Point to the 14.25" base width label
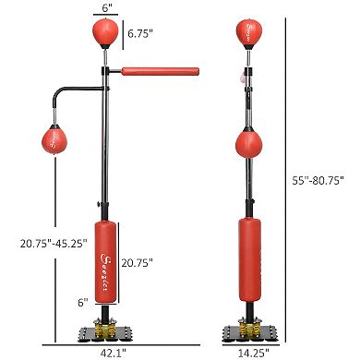pos(247,352)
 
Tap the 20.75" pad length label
pos(137,263)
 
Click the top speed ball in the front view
pos(105,34)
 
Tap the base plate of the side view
pos(247,333)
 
